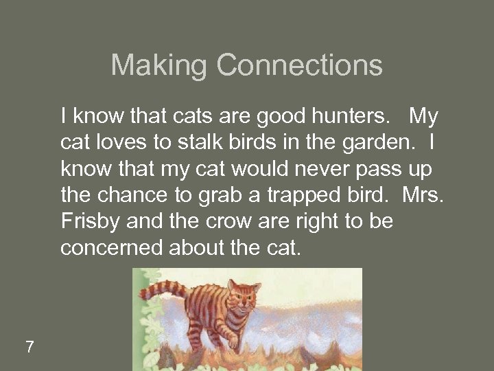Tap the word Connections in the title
click(x=300, y=66)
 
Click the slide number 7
click(x=30, y=347)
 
